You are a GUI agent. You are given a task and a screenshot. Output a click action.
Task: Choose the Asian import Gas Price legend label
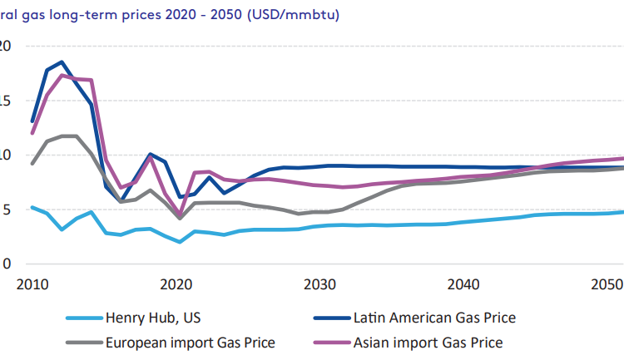tap(428, 341)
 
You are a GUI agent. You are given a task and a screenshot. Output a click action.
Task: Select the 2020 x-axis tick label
tap(173, 284)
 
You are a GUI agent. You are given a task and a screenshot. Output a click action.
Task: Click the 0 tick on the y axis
tap(7, 264)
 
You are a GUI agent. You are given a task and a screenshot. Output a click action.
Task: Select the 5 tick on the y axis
tap(7, 210)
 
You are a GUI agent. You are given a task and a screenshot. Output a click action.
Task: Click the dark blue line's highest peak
tap(62, 62)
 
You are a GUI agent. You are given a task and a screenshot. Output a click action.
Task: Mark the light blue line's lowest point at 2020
tap(180, 242)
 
